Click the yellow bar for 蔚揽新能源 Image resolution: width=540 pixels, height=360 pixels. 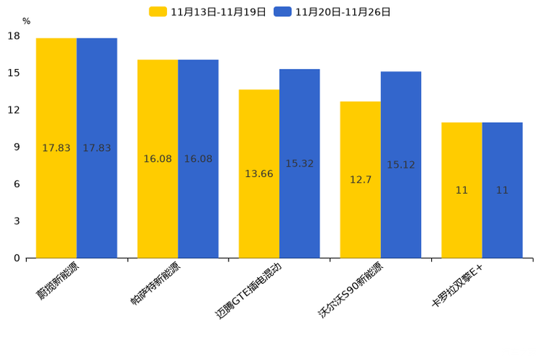click(56, 148)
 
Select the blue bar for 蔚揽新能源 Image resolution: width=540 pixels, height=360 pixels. click(97, 148)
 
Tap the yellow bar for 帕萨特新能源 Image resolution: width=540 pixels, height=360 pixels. click(157, 159)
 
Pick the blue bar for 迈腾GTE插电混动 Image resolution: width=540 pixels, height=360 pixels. click(299, 163)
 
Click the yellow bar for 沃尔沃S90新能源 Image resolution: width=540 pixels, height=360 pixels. click(360, 179)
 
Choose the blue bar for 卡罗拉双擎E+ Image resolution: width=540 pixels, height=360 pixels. click(502, 190)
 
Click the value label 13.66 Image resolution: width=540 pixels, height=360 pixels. click(259, 174)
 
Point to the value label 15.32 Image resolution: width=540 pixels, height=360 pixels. click(299, 164)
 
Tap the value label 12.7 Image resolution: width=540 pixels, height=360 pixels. click(361, 180)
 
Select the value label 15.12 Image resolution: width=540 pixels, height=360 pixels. click(401, 165)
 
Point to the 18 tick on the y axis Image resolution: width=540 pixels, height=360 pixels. click(14, 36)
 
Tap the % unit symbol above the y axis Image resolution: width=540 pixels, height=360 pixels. click(26, 22)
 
